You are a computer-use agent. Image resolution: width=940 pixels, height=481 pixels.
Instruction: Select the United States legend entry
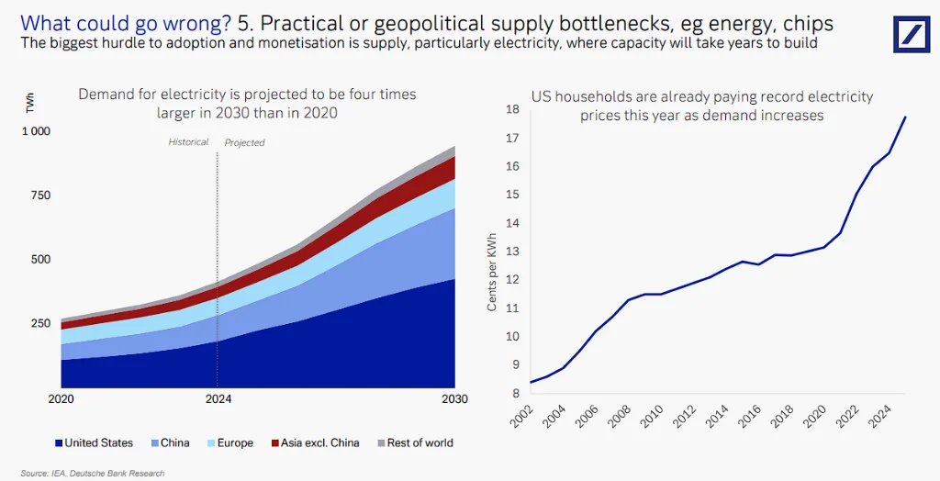coord(94,442)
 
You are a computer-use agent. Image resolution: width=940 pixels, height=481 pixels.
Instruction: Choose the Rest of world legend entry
coord(413,442)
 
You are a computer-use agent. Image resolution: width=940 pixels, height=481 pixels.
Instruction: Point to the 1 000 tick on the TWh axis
coord(37,131)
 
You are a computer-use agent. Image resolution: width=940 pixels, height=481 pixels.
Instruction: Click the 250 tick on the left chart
coord(42,323)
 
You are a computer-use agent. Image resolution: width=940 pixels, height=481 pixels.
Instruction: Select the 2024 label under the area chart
coord(218,399)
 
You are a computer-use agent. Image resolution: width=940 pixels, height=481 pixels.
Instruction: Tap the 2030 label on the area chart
coord(453,399)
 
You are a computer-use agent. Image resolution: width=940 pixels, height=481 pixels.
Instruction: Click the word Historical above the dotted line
coord(189,142)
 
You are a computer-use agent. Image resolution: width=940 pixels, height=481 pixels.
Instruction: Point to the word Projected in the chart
coord(244,142)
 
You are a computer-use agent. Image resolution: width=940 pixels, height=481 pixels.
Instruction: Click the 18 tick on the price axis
coord(512,109)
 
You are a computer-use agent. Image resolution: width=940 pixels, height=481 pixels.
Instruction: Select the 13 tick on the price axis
coord(512,252)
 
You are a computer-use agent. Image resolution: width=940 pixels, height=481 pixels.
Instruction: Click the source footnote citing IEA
coord(92,473)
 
